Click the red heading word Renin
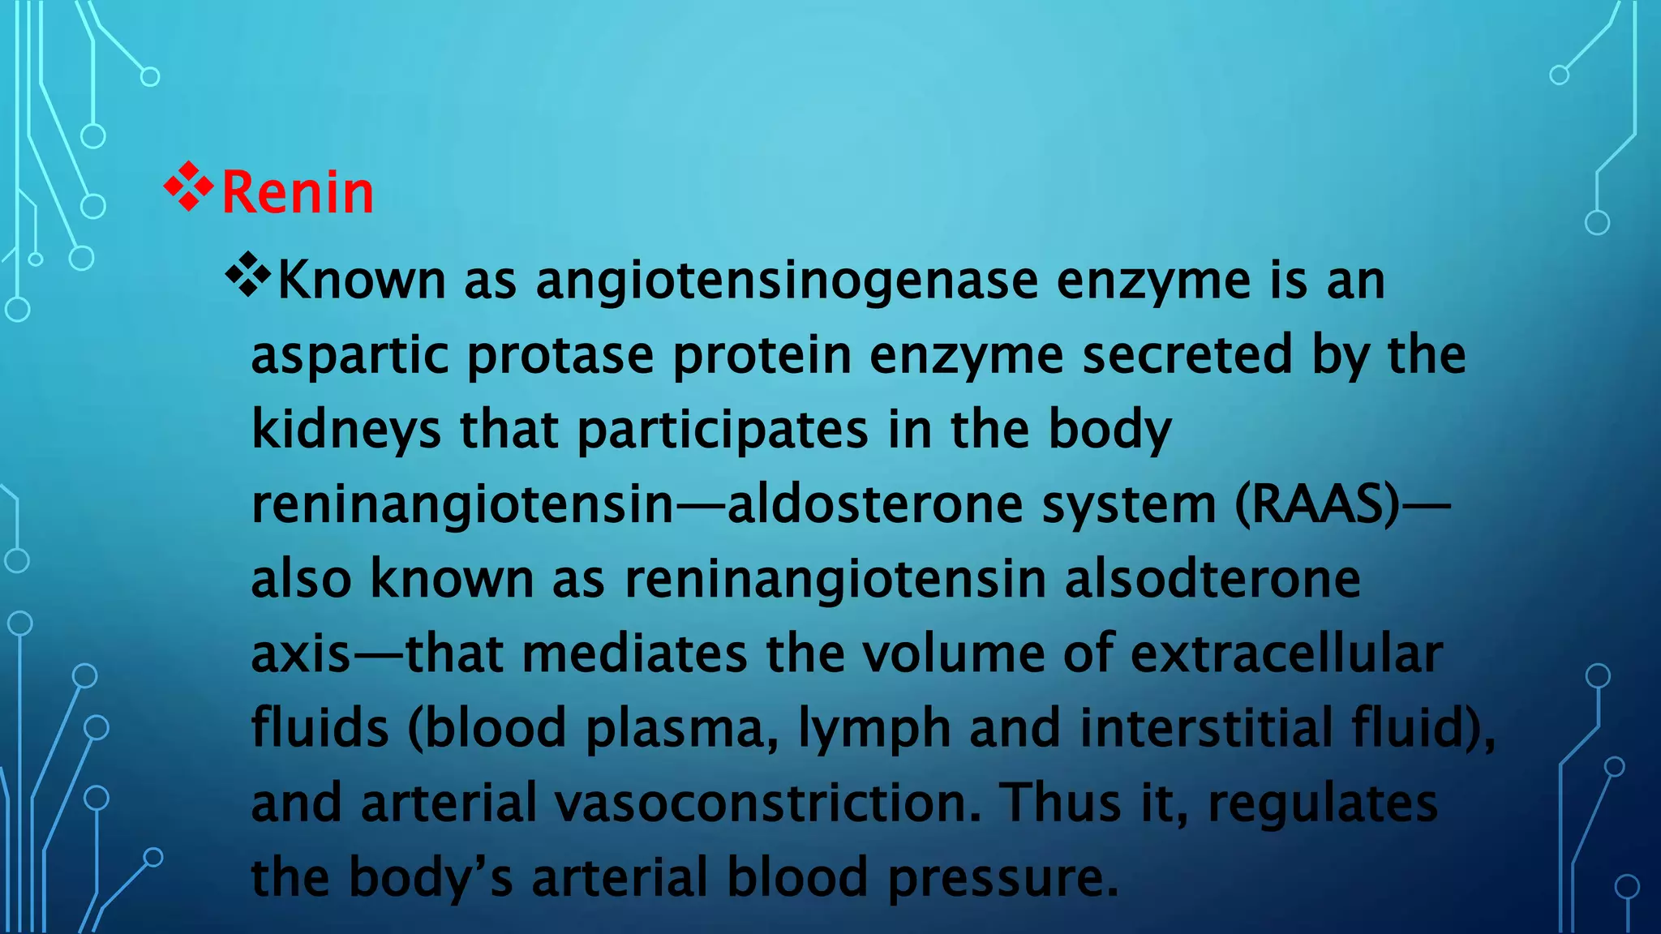pyautogui.click(x=298, y=193)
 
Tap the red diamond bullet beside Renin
pyautogui.click(x=188, y=187)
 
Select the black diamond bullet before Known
pyautogui.click(x=248, y=276)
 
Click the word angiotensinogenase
pyautogui.click(x=787, y=281)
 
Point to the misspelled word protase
pyautogui.click(x=560, y=355)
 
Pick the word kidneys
pyautogui.click(x=346, y=430)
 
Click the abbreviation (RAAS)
pyautogui.click(x=1316, y=504)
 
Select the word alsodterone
pyautogui.click(x=1212, y=579)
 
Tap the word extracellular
pyautogui.click(x=1286, y=653)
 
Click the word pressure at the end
pyautogui.click(x=1003, y=878)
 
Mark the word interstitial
pyautogui.click(x=1206, y=728)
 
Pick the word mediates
pyautogui.click(x=634, y=653)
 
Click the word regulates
pyautogui.click(x=1323, y=803)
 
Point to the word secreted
pyautogui.click(x=1187, y=355)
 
